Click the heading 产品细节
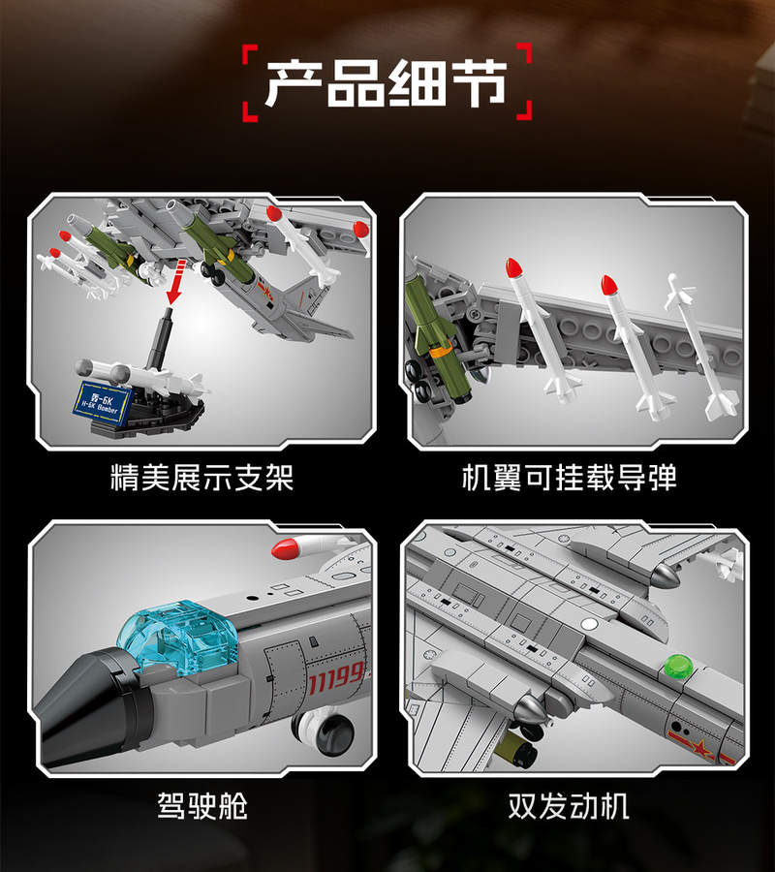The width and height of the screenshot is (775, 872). [387, 83]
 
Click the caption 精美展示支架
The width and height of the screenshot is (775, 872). [201, 477]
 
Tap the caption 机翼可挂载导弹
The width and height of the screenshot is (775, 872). [569, 477]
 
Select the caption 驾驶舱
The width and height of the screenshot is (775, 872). [201, 805]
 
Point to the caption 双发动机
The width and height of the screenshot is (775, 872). [569, 805]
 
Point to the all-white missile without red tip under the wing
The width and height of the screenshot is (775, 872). [701, 345]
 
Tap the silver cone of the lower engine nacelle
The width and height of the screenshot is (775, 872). [529, 708]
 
